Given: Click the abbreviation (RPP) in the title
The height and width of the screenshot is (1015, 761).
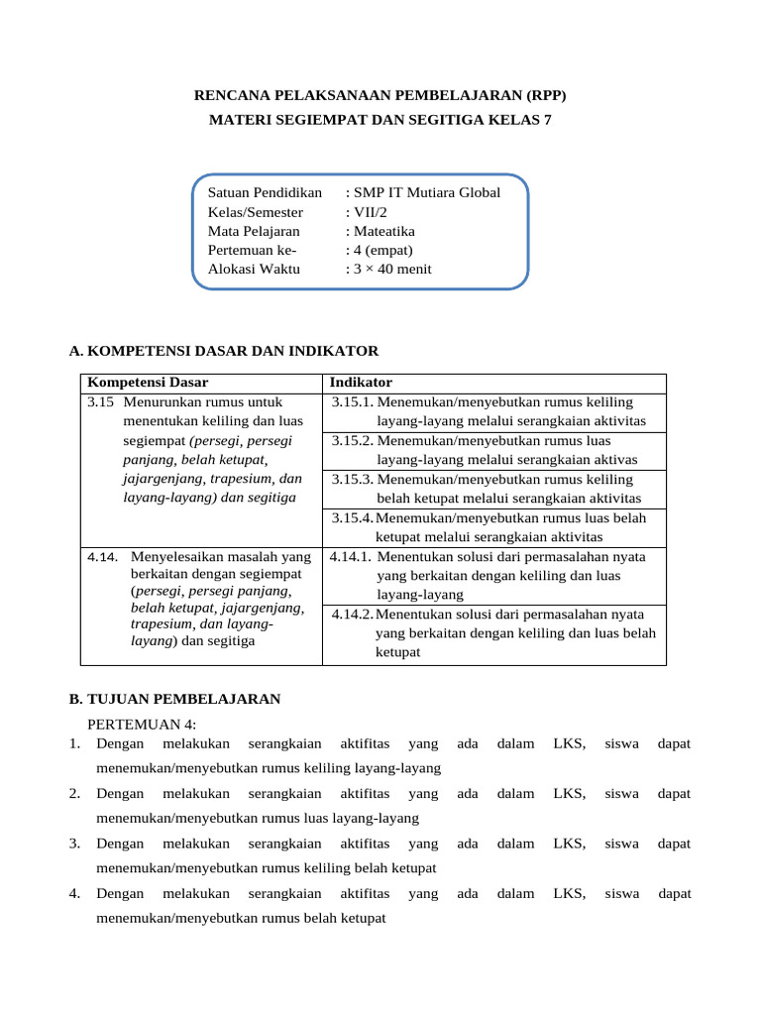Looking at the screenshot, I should coord(543,96).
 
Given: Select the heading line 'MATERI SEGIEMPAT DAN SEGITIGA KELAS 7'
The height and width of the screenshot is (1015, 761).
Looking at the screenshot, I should coord(380,120).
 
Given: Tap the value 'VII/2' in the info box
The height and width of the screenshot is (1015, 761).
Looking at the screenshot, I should coord(362,211).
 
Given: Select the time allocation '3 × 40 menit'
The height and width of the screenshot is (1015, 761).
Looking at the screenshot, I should coord(388,269).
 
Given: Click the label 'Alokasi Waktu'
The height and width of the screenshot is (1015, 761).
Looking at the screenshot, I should coord(254,269).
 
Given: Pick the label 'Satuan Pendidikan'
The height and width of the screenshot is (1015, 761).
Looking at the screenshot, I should coord(265,192).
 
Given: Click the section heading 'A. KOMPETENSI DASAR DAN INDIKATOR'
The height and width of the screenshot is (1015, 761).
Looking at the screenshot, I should coord(224,351).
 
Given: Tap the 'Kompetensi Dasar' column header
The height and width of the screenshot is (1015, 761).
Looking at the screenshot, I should coord(149,383).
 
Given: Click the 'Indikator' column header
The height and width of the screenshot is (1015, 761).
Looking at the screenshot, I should coord(361,383).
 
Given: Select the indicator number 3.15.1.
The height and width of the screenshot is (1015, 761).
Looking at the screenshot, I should coord(352,401).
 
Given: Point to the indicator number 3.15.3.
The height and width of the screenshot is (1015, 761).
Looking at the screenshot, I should coord(352,479).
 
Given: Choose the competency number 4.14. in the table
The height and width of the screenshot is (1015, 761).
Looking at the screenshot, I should coord(104,557).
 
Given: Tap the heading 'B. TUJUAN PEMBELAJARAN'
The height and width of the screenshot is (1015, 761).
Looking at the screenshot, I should coord(175,699).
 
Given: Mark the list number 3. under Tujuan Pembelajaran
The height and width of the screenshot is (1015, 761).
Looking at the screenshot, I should coord(74,844).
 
